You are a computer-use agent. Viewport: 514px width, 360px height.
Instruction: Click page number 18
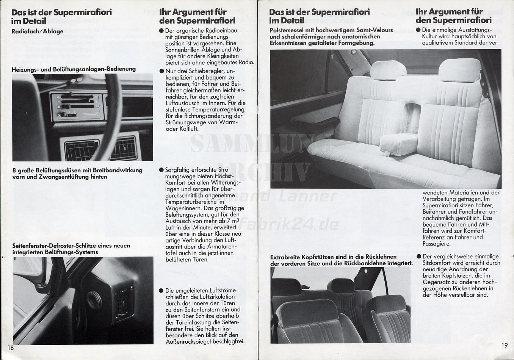(10, 348)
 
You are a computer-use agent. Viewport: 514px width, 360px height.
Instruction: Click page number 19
(504, 345)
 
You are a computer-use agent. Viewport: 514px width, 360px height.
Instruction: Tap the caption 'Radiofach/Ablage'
(38, 31)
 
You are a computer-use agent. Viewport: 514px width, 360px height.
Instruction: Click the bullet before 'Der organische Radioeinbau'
(161, 31)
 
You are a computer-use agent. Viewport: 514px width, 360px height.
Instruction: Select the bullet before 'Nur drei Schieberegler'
(162, 71)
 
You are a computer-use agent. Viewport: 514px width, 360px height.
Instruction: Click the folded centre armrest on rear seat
(399, 144)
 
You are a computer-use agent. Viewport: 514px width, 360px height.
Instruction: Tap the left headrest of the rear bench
(383, 70)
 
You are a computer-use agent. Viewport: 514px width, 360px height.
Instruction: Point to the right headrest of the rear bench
(454, 70)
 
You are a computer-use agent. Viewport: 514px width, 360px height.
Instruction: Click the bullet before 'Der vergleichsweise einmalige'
(418, 257)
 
